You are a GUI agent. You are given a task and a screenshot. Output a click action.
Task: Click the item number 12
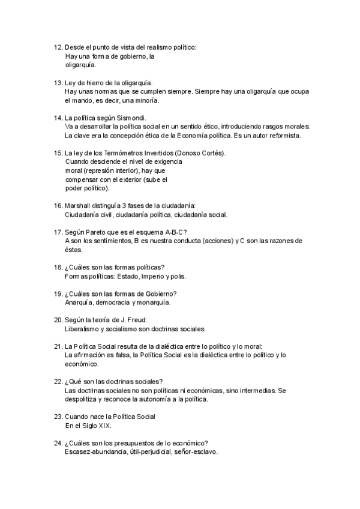[58, 47]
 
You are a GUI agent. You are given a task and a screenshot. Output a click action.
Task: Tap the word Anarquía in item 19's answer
[79, 302]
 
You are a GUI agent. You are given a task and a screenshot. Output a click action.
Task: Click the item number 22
[58, 382]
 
